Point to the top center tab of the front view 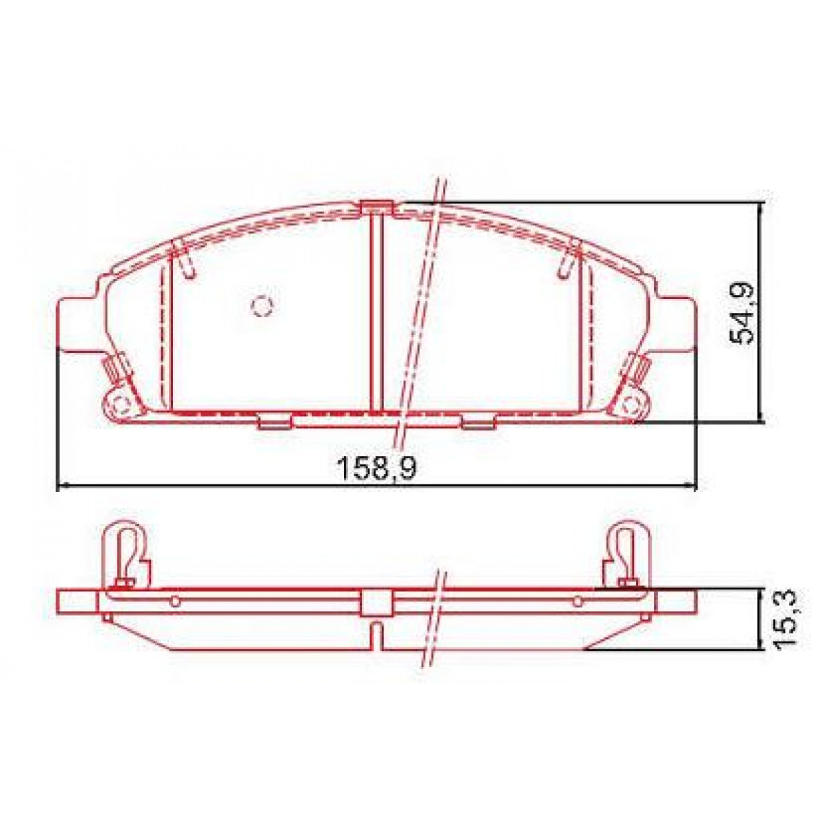click(x=376, y=206)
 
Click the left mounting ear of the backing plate click(x=77, y=324)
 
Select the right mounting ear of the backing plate click(x=678, y=324)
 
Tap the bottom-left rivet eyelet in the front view click(x=121, y=405)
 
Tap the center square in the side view click(x=376, y=603)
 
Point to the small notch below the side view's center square click(x=376, y=633)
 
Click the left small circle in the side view click(x=175, y=602)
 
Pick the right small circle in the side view click(x=578, y=602)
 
